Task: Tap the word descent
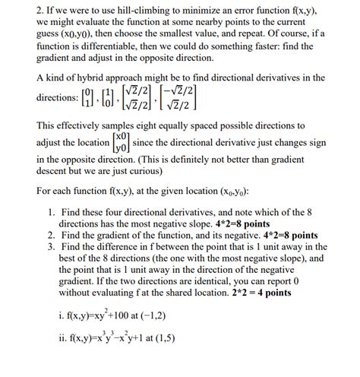(55, 173)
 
